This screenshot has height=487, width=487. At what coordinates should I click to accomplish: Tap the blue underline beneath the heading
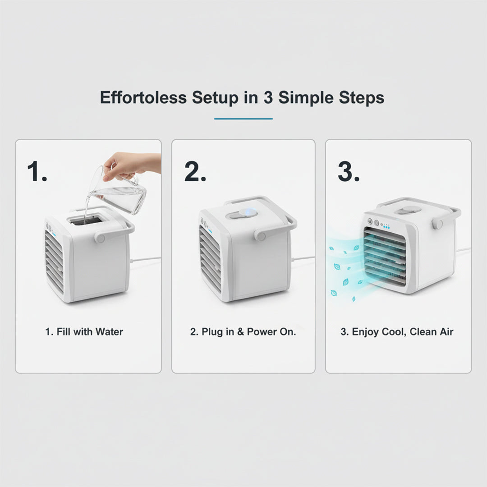pos(243,119)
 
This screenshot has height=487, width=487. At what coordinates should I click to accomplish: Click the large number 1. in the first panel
pos(37,172)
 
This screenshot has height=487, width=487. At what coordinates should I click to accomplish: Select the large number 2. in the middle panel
pos(195,172)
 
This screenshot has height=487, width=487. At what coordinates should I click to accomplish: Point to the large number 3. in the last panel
pos(349,172)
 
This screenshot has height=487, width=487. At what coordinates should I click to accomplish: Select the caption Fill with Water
pos(84,332)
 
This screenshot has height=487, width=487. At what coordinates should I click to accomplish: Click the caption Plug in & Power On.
pos(243,332)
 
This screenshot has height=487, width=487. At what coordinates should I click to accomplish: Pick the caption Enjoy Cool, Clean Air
pos(397,332)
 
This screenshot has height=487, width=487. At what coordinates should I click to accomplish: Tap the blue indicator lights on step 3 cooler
pos(386,226)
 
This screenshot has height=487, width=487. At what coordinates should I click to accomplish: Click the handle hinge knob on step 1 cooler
pos(100,237)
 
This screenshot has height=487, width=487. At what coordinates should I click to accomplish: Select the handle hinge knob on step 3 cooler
pos(437,224)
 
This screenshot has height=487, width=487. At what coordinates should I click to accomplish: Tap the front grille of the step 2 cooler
pos(210,258)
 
